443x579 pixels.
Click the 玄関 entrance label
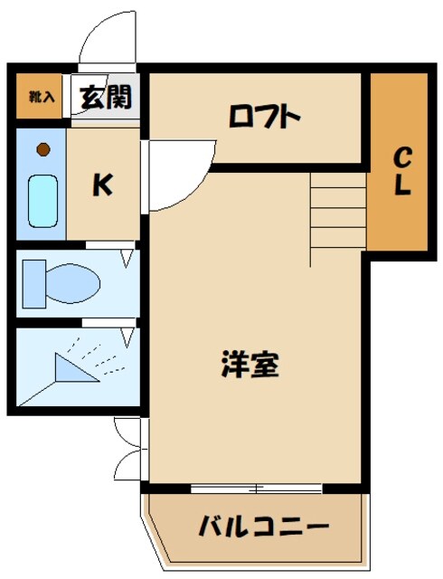pyautogui.click(x=106, y=97)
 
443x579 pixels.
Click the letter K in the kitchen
pyautogui.click(x=102, y=185)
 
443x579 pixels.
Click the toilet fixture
pyautogui.click(x=68, y=282)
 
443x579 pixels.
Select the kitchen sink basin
pyautogui.click(x=42, y=200)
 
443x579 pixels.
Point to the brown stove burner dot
pyautogui.click(x=42, y=149)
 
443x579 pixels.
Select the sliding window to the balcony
pyautogui.click(x=257, y=489)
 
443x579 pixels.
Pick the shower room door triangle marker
pyautogui.click(x=126, y=336)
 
